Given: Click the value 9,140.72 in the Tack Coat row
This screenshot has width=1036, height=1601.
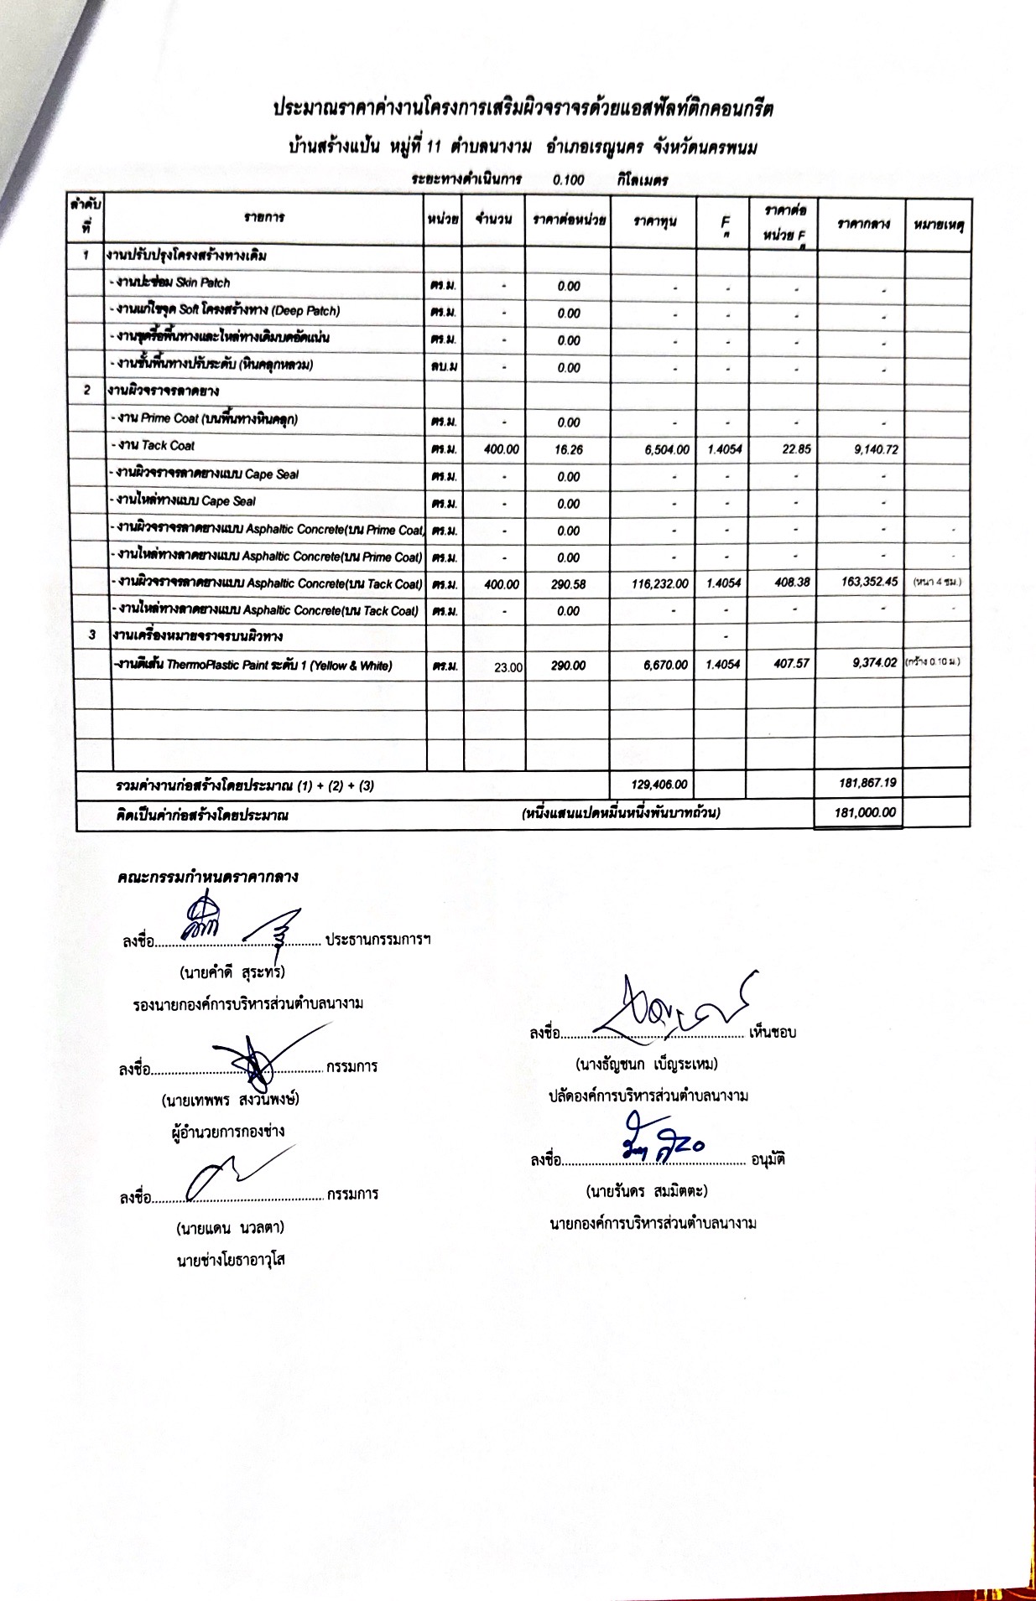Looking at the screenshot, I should coord(876,449).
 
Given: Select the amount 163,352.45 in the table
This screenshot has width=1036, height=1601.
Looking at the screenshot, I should coord(869,582).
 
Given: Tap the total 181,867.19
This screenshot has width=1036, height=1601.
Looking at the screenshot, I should coord(867,783).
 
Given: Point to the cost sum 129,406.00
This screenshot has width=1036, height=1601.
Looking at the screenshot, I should coord(659,785).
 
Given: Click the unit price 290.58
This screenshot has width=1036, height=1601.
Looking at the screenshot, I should coord(568,584).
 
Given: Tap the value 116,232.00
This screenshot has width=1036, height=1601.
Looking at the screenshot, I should coord(660,583).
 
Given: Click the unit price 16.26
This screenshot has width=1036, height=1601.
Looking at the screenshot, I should coord(568,450).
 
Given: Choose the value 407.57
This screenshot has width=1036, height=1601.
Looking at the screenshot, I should coord(792,663).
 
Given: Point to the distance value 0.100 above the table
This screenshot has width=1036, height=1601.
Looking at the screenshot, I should coord(569,179).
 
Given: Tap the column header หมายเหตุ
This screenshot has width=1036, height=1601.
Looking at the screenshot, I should coord(937,223).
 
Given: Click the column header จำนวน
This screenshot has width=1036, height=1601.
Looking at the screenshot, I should coord(493,220).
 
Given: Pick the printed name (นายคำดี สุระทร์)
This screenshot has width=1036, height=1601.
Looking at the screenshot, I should coord(232,972).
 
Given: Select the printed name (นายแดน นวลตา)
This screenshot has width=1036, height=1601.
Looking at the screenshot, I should coord(230,1228).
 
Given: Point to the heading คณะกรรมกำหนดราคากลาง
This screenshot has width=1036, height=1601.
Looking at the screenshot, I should coord(208,877).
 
